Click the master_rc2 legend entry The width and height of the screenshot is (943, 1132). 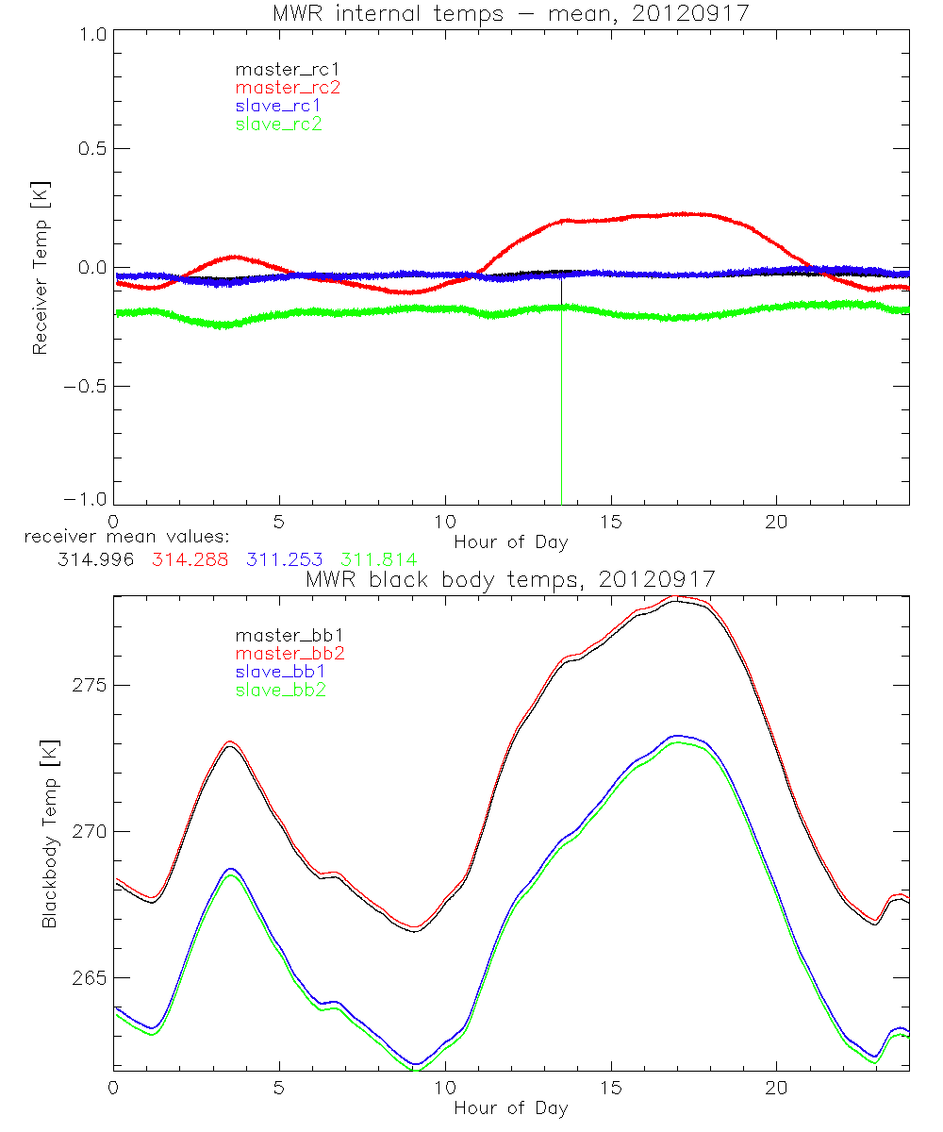click(288, 87)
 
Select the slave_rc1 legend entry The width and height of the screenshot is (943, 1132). click(278, 105)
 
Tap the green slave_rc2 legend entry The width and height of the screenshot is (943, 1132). click(278, 124)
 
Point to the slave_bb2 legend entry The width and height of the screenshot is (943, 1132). click(278, 691)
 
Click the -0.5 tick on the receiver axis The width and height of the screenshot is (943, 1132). click(88, 386)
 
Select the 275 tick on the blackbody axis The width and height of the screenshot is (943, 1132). click(92, 685)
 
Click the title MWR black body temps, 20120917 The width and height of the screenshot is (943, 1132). click(510, 578)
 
